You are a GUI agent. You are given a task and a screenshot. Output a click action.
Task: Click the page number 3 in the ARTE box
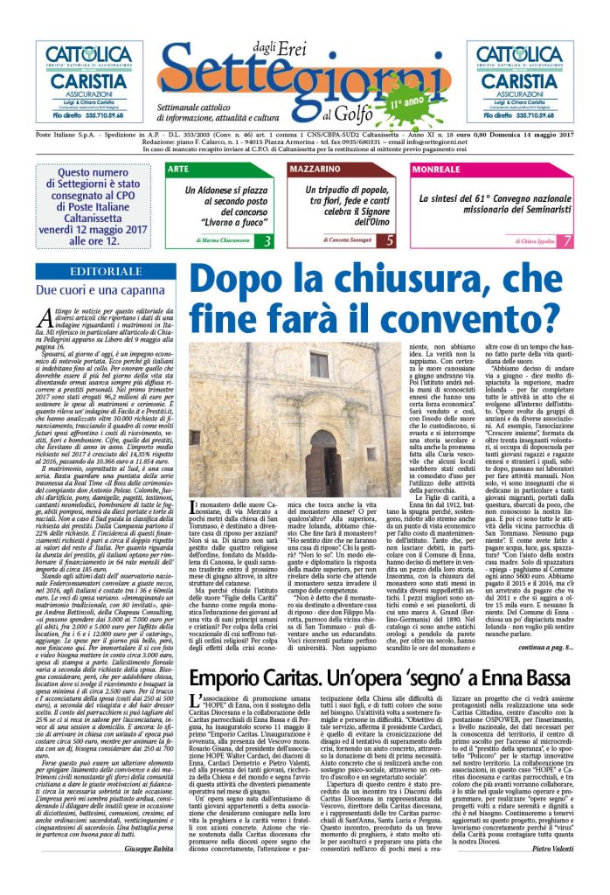[x=267, y=240]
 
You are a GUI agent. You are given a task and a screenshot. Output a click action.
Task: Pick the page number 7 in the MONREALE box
[x=567, y=240]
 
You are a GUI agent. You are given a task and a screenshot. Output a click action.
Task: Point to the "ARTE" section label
[x=177, y=169]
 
